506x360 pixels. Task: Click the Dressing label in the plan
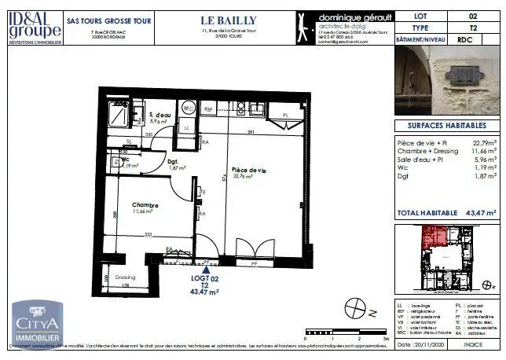click(x=125, y=277)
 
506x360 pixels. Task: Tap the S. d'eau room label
click(x=161, y=116)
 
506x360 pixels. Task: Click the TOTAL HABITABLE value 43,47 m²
click(x=478, y=213)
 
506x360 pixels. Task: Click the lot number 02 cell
click(x=472, y=15)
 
